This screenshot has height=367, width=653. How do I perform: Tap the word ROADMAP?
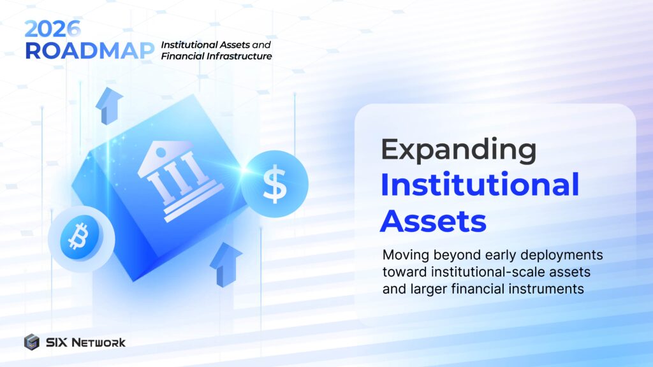(x=89, y=51)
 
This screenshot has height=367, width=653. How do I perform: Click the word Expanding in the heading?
(x=458, y=150)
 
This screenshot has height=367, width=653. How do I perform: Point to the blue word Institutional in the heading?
(x=480, y=185)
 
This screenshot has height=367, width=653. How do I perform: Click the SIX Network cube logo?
(x=32, y=342)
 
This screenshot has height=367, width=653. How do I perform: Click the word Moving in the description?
(x=403, y=255)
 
